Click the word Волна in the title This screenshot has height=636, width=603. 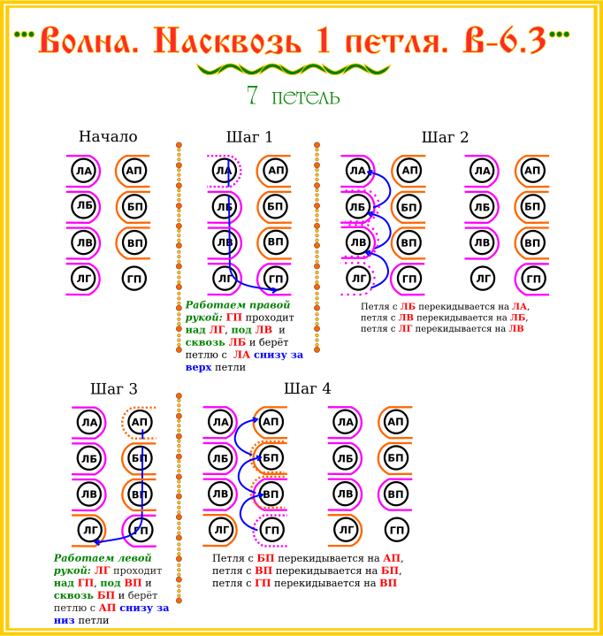point(88,41)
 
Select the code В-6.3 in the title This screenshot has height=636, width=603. point(505,41)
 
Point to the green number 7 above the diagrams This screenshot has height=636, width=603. point(252,95)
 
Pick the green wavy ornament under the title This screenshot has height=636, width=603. point(294,69)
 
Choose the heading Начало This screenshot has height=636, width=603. point(108,137)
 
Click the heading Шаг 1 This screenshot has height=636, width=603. point(249,137)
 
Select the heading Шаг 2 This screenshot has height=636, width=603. point(445,137)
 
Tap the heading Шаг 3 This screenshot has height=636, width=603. point(114,388)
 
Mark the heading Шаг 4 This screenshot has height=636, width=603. point(308,388)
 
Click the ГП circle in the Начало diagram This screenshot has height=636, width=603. point(134,279)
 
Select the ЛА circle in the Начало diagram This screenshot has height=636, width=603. point(84,171)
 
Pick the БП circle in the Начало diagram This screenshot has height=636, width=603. point(134,207)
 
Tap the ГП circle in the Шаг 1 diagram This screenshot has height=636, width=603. point(276,279)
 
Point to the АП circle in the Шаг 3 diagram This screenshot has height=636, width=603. point(140,422)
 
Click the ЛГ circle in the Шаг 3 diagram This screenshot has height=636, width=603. point(89,530)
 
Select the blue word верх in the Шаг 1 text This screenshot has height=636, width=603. point(198,367)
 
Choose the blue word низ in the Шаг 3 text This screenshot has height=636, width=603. point(64,620)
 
